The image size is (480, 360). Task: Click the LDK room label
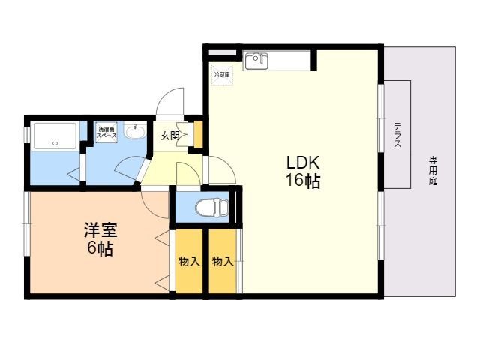tap(302, 162)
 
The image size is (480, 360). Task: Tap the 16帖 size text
tap(302, 181)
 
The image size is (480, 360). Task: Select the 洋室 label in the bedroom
tap(100, 230)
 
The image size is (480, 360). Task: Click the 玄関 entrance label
tap(170, 136)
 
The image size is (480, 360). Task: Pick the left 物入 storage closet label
tap(189, 262)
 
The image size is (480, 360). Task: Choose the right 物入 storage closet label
tap(223, 262)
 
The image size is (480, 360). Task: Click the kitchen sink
tap(256, 59)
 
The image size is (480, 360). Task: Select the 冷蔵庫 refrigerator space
tap(222, 74)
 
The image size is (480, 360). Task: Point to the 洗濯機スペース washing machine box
tap(106, 133)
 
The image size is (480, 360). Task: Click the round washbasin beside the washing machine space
tap(135, 133)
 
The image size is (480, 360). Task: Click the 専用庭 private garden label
tap(433, 171)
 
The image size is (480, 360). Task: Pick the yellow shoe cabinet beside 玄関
tap(199, 133)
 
